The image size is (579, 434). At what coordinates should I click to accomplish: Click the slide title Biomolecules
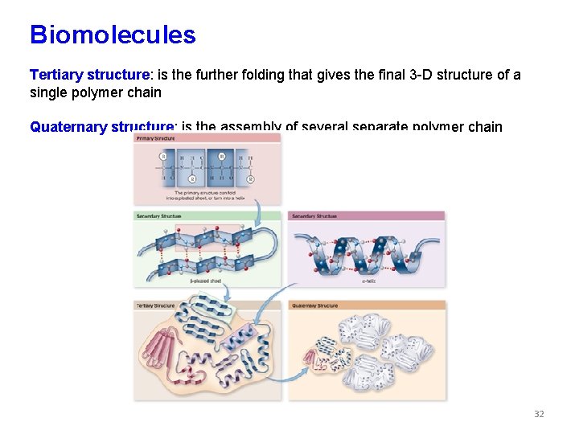point(113,35)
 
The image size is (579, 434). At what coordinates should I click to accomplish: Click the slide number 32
point(539,414)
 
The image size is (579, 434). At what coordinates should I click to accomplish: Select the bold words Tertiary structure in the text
point(89,75)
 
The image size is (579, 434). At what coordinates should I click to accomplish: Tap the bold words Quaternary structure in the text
point(102,126)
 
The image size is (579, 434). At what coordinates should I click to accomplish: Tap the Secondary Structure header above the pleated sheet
point(159,215)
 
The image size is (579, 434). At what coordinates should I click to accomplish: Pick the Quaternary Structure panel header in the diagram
point(316,305)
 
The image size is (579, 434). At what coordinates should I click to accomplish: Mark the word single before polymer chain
point(48,92)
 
